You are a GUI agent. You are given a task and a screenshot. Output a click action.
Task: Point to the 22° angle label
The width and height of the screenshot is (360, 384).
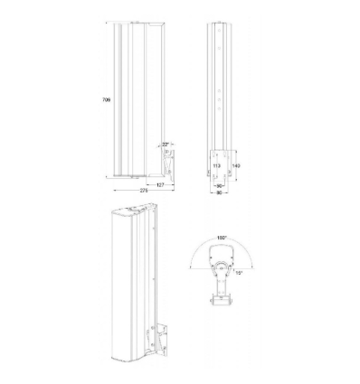(165, 143)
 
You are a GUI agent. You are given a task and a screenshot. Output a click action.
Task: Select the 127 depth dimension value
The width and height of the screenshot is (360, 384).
(159, 183)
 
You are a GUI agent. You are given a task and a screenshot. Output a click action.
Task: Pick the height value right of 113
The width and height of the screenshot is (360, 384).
(236, 165)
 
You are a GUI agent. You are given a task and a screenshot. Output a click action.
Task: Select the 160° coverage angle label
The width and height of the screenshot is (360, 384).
(221, 238)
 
